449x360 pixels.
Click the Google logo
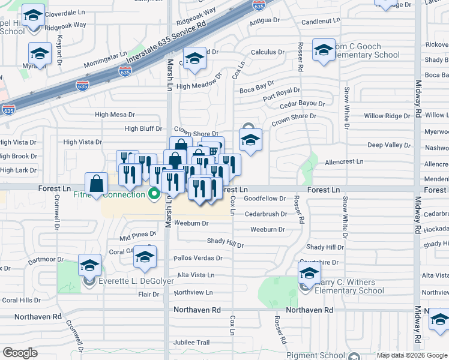tap(20, 353)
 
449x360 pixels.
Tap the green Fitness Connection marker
tap(154, 194)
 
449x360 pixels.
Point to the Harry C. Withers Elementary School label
tap(348, 287)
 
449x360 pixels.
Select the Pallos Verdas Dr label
tap(197, 258)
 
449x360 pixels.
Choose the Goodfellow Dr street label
tap(265, 197)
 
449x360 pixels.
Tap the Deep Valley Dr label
tap(389, 145)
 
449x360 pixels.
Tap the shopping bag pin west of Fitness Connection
tap(97, 185)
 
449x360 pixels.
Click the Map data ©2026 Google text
tap(411, 355)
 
